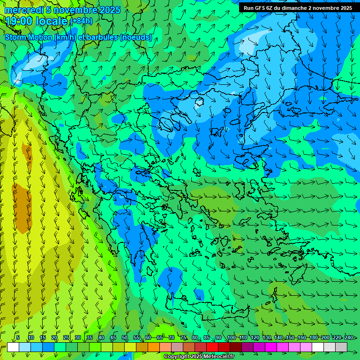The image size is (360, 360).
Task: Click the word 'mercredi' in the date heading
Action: click(22, 10)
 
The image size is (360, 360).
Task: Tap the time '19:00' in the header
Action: click(19, 21)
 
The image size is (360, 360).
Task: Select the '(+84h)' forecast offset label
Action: click(81, 21)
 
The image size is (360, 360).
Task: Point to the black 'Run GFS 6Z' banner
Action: click(298, 7)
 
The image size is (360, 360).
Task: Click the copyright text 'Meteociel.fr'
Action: click(219, 357)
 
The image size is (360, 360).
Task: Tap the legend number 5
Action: click(18, 337)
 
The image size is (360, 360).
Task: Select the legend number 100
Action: click(231, 337)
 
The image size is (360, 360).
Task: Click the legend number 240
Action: click(348, 337)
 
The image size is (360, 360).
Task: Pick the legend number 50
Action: click(125, 337)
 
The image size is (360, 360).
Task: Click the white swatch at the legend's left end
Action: click(13, 347)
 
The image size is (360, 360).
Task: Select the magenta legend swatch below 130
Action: click(271, 347)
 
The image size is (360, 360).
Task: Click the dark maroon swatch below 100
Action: click(236, 347)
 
